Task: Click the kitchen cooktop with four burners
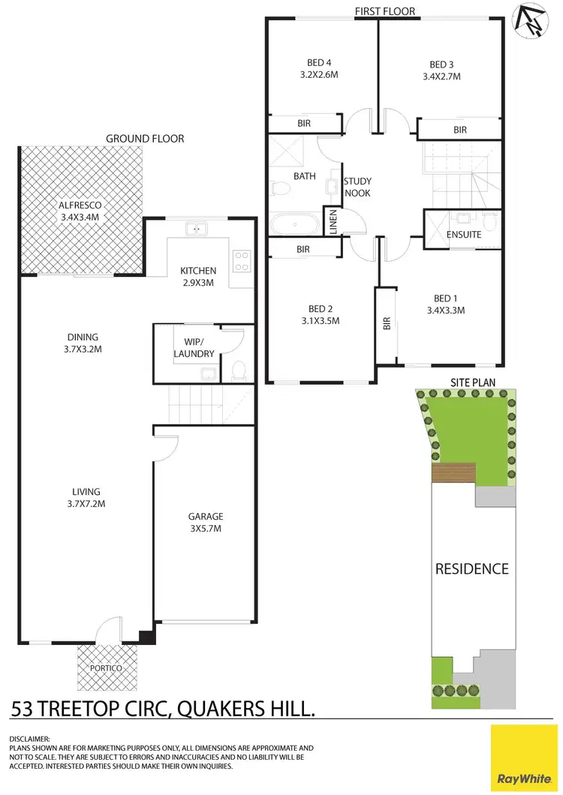pos(242,260)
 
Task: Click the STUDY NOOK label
pos(357,187)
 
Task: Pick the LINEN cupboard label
pos(333,222)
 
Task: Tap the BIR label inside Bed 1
pos(387,323)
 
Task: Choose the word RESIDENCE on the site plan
pos(472,568)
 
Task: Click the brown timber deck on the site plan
pos(453,473)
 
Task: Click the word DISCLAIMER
pos(29,739)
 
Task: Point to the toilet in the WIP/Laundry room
pos(238,370)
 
